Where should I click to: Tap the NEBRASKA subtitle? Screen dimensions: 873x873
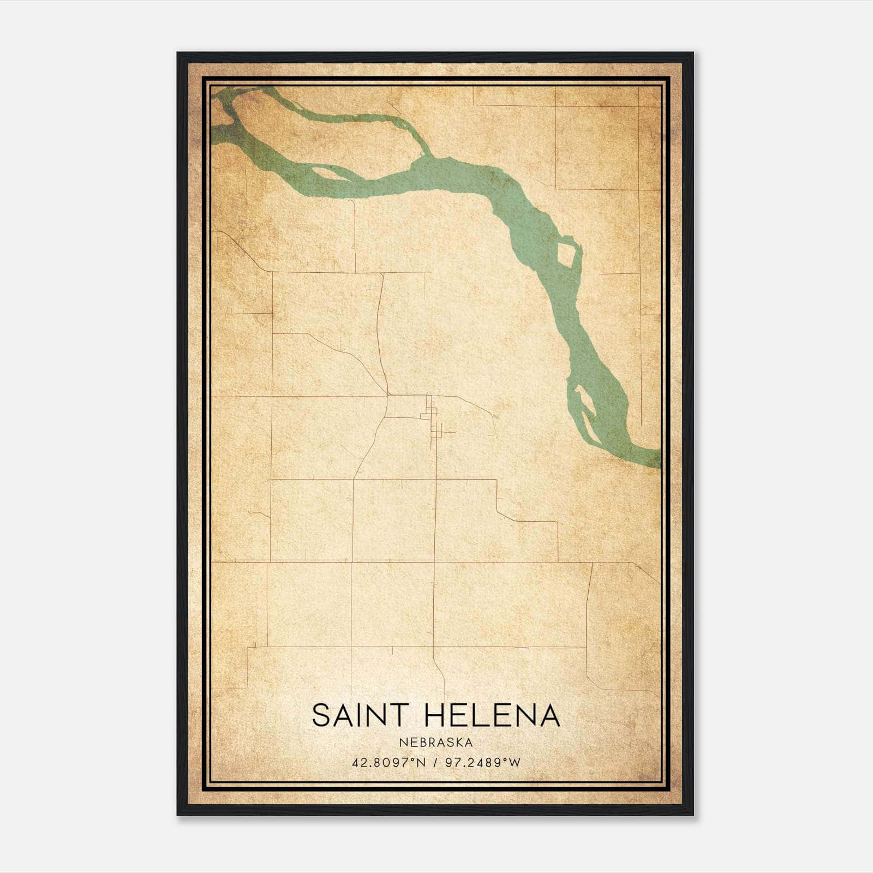point(435,743)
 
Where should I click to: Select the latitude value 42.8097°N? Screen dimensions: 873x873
point(388,762)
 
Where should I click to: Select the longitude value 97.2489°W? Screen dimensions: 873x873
point(483,762)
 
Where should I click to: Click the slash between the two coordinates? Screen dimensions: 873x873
point(435,762)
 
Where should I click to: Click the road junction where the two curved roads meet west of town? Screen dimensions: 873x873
point(387,394)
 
